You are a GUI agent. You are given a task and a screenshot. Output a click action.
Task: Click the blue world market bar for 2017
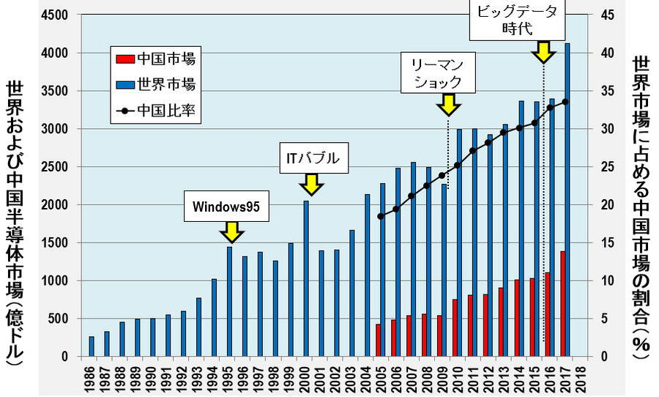tap(567, 198)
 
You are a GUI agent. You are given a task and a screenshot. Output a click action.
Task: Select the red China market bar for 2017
tap(562, 304)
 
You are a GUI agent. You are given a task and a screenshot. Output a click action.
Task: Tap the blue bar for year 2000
tap(306, 278)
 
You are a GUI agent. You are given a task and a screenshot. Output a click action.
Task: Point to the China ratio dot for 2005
tap(381, 216)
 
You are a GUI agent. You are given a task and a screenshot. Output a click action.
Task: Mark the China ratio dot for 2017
tap(565, 102)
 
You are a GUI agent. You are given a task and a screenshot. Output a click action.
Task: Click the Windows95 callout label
tap(226, 207)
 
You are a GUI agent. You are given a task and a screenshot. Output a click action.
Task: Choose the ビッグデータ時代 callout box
tap(518, 20)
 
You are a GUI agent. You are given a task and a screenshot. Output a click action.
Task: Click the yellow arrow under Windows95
tap(231, 232)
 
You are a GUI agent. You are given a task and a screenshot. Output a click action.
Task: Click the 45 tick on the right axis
tap(608, 15)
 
